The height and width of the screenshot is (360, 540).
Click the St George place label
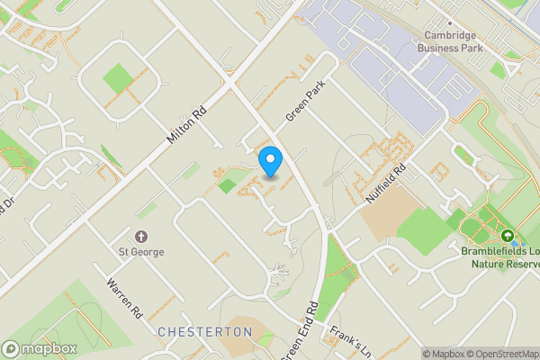pyautogui.click(x=142, y=252)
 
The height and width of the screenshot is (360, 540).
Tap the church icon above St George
pyautogui.click(x=142, y=236)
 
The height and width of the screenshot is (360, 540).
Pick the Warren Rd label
pyautogui.click(x=124, y=298)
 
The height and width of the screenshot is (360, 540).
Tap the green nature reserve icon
pyautogui.click(x=511, y=238)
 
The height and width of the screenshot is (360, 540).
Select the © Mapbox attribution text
pyautogui.click(x=444, y=354)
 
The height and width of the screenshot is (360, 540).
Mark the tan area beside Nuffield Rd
pyautogui.click(x=392, y=212)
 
